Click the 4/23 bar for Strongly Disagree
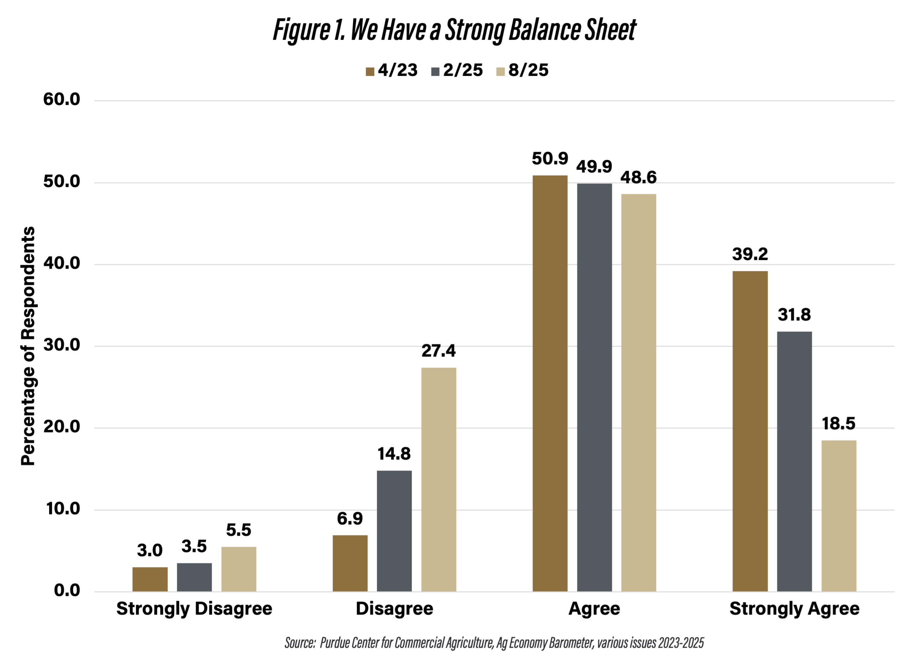point(150,579)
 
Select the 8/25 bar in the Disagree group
point(439,479)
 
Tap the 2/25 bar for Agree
point(595,387)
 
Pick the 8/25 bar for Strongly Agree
point(839,516)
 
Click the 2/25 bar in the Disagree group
point(394,531)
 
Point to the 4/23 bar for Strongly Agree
point(750,431)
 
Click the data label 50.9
point(550,159)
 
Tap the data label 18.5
point(839,424)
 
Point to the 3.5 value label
point(194,546)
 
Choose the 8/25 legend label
point(528,71)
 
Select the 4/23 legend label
point(397,71)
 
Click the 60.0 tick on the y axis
point(62,99)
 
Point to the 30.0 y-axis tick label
point(62,345)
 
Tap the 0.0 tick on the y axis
point(67,590)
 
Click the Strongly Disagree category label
point(194,609)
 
